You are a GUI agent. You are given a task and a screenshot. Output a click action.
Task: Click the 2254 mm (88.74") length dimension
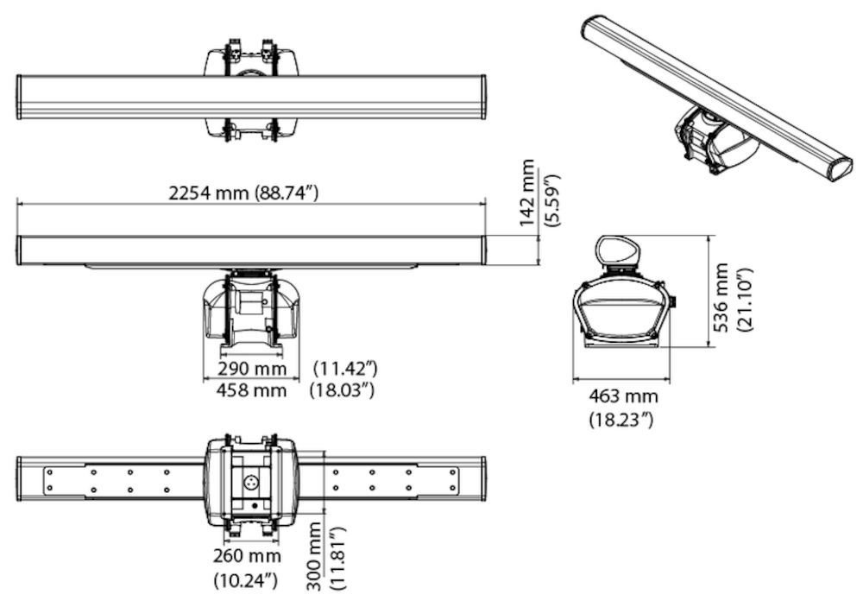(x=244, y=193)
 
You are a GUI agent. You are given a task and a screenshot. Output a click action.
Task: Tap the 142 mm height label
(x=527, y=193)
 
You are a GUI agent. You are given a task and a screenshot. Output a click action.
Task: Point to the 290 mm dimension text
(x=251, y=370)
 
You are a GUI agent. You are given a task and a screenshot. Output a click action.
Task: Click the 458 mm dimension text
(x=251, y=390)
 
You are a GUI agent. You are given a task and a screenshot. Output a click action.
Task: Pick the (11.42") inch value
(x=343, y=370)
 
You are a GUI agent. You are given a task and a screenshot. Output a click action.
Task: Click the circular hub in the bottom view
(x=252, y=484)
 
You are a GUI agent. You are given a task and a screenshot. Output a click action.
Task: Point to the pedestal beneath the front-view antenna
(x=251, y=311)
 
